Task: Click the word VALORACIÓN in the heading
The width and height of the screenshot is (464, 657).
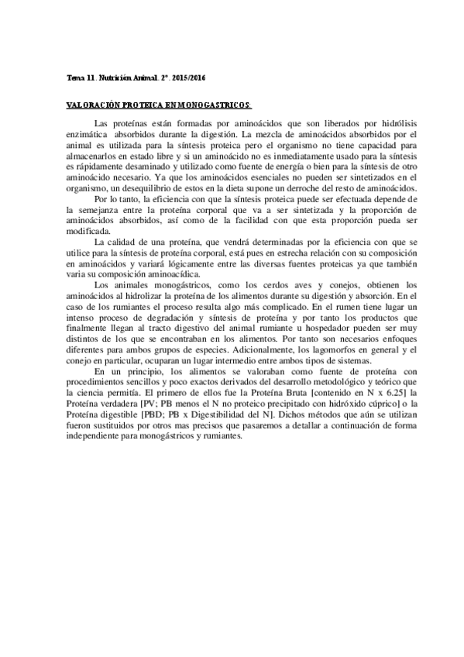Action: pos(95,104)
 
